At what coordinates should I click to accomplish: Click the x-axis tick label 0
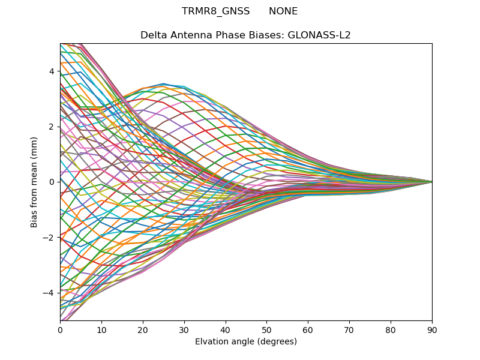tap(60, 329)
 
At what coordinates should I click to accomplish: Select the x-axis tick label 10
tap(101, 329)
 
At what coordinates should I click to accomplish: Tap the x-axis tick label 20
tap(143, 329)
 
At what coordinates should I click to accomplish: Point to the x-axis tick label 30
tap(184, 329)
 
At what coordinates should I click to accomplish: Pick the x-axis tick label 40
tap(226, 329)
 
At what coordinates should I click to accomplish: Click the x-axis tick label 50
tap(266, 329)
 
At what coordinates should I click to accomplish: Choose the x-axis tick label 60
tap(308, 329)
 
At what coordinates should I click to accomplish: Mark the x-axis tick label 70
tap(349, 329)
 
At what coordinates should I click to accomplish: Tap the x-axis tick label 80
tap(391, 329)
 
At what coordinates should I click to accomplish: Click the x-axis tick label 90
tap(432, 329)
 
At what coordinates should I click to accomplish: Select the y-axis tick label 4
tap(52, 71)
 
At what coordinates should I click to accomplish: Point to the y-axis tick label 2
tap(52, 127)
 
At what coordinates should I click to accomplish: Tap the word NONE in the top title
tap(283, 11)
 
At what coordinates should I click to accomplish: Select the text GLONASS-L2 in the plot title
tap(320, 35)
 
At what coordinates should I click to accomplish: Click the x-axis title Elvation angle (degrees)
tap(246, 341)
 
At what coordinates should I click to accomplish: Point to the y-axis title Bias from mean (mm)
tap(34, 182)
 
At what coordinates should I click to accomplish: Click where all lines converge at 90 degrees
tap(431, 182)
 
